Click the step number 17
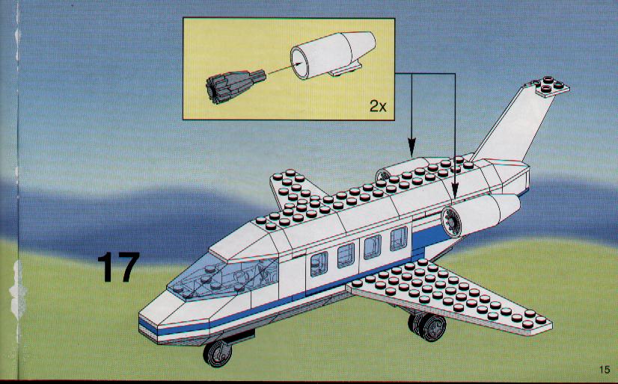point(118,267)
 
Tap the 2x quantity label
point(378,105)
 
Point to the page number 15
point(605,370)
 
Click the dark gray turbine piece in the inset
point(234,86)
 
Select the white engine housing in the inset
point(333,54)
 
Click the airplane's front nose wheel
point(217,353)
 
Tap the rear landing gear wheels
point(428,326)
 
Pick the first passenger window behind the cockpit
point(319,263)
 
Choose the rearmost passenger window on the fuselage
point(399,238)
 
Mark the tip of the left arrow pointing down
point(412,157)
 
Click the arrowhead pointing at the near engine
point(455,193)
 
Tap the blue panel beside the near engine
point(429,237)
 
